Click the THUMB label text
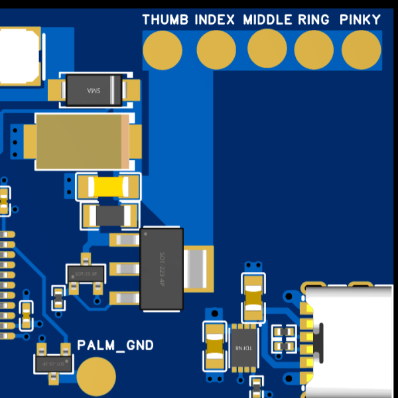[166, 19]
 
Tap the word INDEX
[215, 19]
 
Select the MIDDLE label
[268, 19]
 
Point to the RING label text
[314, 19]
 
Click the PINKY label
[360, 19]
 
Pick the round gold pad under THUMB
[163, 50]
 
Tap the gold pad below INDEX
[216, 50]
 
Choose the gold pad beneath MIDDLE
[267, 50]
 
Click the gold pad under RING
[314, 50]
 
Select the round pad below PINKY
[362, 50]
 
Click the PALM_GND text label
[115, 345]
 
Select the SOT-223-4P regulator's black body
[161, 268]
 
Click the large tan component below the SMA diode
[83, 141]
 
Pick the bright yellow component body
[108, 186]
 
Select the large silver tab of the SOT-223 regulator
[198, 268]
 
